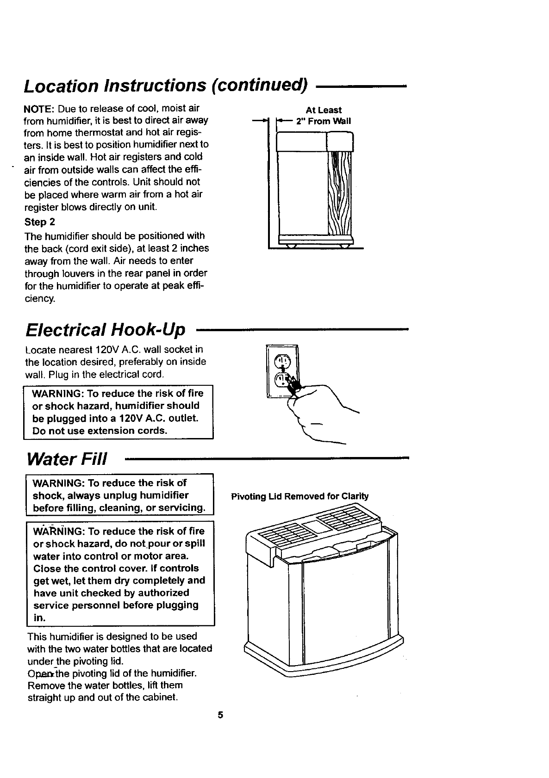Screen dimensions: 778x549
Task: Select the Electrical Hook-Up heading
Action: click(106, 329)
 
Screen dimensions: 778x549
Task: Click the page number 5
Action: click(220, 715)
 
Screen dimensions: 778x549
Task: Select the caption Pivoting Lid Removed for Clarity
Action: click(299, 497)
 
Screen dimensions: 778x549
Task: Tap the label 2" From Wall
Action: click(323, 122)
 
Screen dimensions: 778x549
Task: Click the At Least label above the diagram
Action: click(324, 110)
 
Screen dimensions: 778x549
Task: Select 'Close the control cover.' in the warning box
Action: click(83, 568)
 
